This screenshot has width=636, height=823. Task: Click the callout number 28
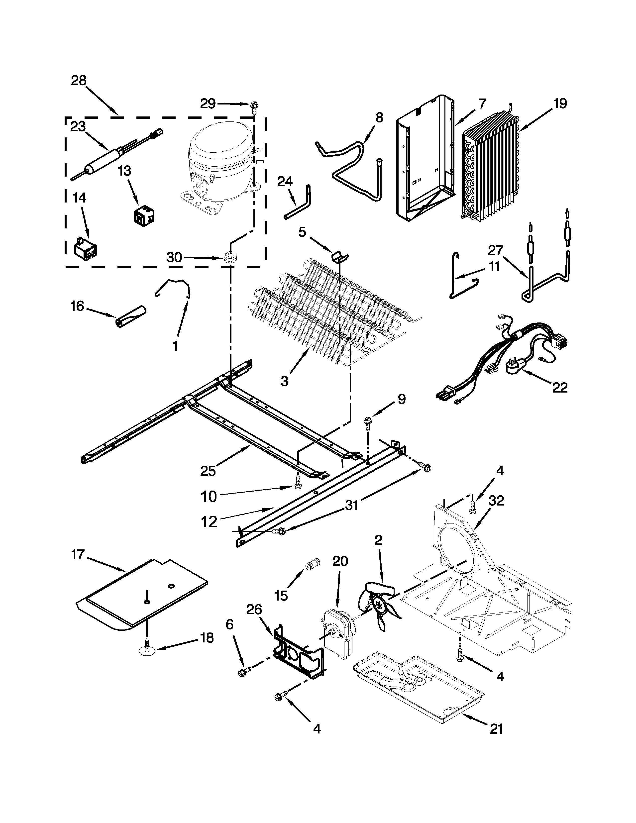79,80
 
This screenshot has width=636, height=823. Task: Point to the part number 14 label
79,198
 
